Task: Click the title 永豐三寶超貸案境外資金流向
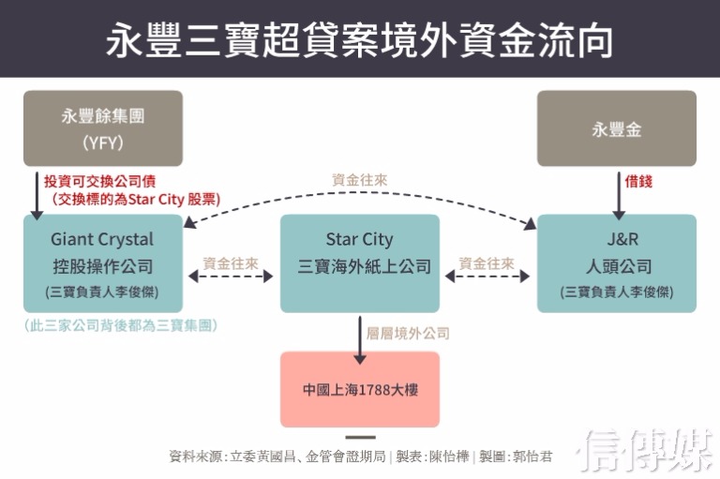pos(360,40)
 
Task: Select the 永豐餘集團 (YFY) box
pos(103,128)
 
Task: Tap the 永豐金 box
pos(616,128)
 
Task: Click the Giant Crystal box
pos(103,263)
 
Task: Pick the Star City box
pos(360,263)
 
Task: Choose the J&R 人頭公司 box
pos(616,263)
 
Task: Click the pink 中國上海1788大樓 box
pos(360,389)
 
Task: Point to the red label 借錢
pos(639,182)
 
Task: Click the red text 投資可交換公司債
pos(93,181)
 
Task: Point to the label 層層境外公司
pos(409,333)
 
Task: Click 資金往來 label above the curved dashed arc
pos(360,179)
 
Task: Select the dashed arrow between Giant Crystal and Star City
pos(231,277)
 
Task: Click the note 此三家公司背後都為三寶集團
pos(122,325)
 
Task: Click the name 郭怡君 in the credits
pos(532,457)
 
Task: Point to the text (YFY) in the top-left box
pos(103,143)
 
